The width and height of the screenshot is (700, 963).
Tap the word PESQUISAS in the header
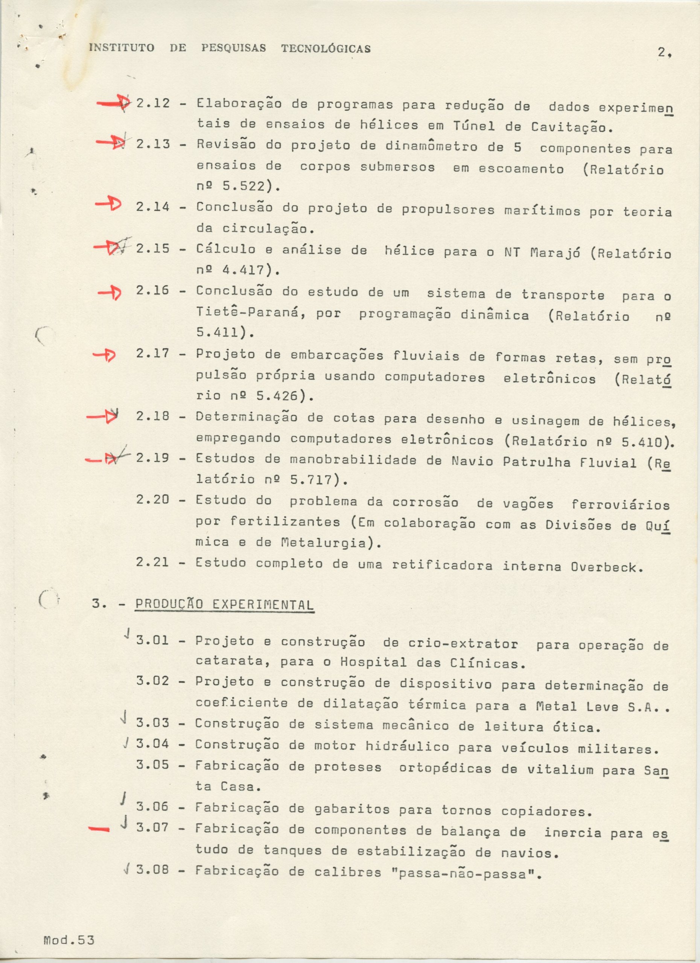234,49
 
